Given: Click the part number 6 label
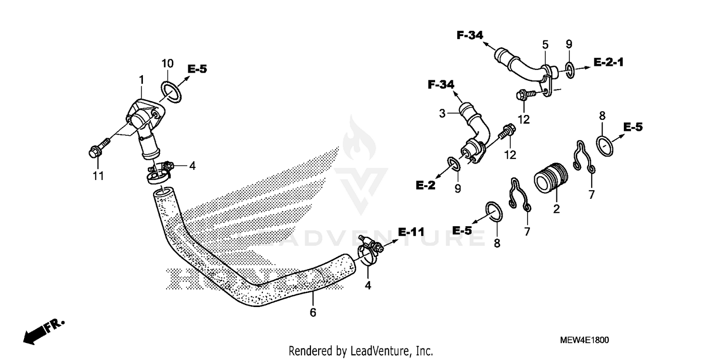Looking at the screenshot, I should point(313,313).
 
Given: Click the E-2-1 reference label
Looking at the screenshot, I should point(608,62).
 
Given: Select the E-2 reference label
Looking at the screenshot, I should point(425,185).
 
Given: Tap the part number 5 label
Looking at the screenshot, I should point(545,45).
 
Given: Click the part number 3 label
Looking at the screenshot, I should point(442,114).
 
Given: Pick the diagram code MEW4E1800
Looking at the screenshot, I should point(584,340).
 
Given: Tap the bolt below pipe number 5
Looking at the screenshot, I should point(524,95).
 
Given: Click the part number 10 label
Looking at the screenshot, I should point(167,64).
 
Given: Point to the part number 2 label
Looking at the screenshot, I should point(556,209).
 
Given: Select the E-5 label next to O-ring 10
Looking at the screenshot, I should point(197,69).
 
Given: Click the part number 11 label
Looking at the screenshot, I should point(98,177).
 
